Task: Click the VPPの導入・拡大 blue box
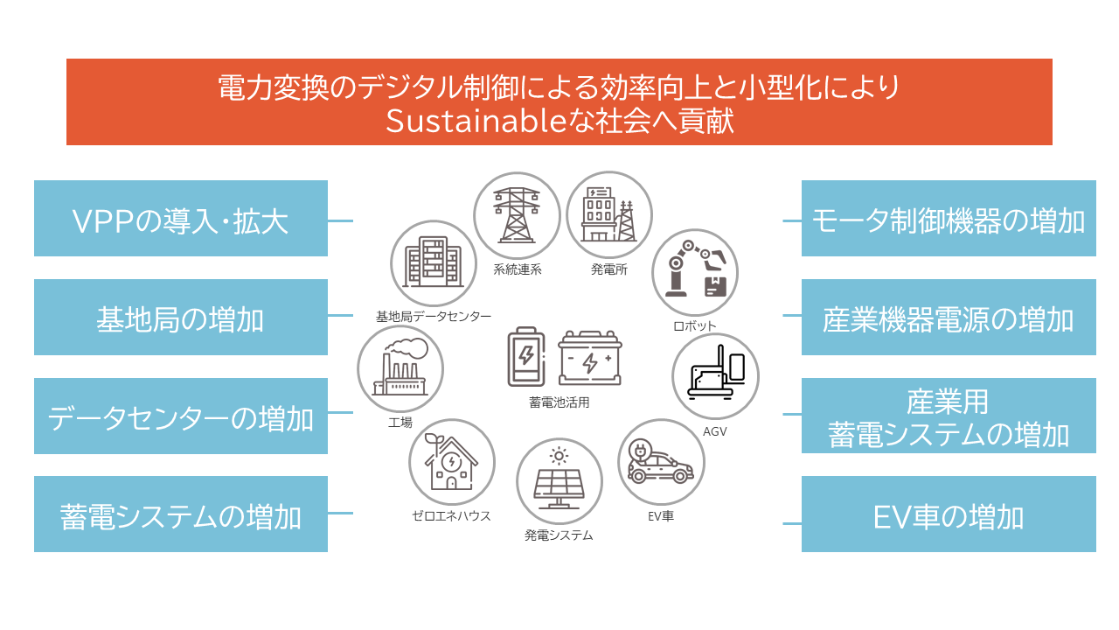[x=181, y=219]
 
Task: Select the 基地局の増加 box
[x=181, y=317]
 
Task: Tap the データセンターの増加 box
[x=181, y=416]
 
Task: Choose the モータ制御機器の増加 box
[x=949, y=219]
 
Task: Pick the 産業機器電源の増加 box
[x=949, y=317]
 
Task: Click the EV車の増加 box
[x=949, y=514]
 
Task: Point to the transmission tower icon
[x=517, y=215]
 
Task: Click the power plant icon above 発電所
[x=608, y=214]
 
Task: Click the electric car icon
[x=659, y=462]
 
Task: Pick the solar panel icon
[x=559, y=478]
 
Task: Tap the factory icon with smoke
[x=400, y=367]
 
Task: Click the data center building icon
[x=433, y=262]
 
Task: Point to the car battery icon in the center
[x=590, y=358]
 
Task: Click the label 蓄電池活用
[x=559, y=402]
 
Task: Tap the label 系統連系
[x=517, y=270]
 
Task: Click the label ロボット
[x=694, y=326]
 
